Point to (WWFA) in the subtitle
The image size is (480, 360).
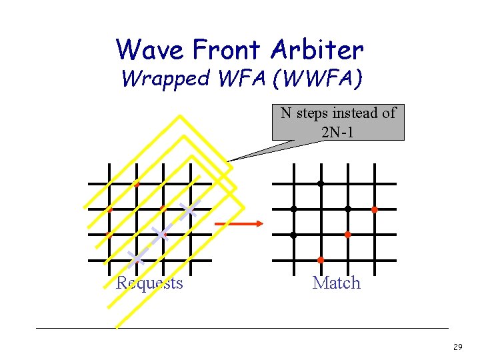[x=323, y=79]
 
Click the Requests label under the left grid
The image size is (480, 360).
[x=149, y=283]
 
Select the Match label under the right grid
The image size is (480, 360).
[x=336, y=283]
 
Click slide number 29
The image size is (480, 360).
[x=457, y=347]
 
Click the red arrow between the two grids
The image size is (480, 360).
[x=241, y=224]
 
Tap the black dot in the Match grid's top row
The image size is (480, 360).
[x=320, y=183]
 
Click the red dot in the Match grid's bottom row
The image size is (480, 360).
[x=320, y=259]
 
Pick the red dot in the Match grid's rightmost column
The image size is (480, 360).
[x=374, y=209]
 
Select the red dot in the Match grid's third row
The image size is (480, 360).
[x=347, y=235]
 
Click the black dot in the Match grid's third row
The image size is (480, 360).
[x=293, y=235]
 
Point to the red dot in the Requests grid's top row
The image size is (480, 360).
[x=136, y=183]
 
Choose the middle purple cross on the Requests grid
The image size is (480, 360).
[x=160, y=234]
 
